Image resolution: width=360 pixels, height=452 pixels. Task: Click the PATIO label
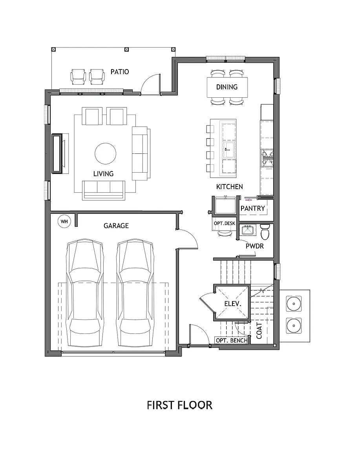[x=120, y=72]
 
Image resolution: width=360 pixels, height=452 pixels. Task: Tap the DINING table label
[x=227, y=87]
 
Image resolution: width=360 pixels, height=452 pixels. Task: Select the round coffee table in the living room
[x=106, y=153]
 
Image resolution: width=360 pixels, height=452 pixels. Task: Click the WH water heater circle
[x=64, y=222]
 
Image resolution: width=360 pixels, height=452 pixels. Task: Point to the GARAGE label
[x=116, y=226]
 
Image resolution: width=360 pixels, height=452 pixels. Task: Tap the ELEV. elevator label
[x=232, y=303]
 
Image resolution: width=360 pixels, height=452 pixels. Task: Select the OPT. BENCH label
[x=232, y=340]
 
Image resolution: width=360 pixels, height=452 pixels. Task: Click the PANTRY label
[x=252, y=208]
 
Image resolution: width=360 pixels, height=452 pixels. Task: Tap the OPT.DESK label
[x=224, y=223]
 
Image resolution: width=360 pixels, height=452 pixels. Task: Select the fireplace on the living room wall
[x=57, y=153]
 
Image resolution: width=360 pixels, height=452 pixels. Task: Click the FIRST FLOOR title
[x=179, y=405]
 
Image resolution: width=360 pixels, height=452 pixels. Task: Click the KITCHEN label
[x=229, y=187]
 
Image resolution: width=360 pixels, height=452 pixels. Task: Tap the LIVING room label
[x=103, y=173]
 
